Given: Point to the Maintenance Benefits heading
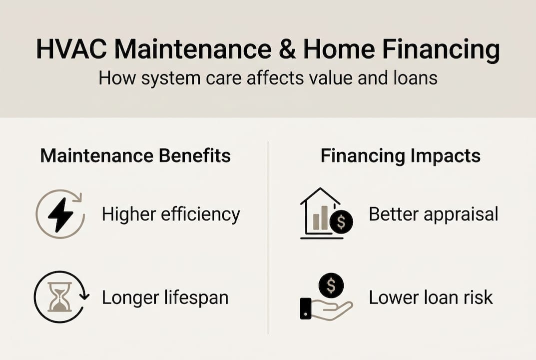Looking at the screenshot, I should (135, 155).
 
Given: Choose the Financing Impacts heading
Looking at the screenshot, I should (400, 155).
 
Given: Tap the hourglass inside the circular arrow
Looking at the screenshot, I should (59, 297).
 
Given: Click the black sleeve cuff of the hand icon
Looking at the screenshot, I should (306, 308).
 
